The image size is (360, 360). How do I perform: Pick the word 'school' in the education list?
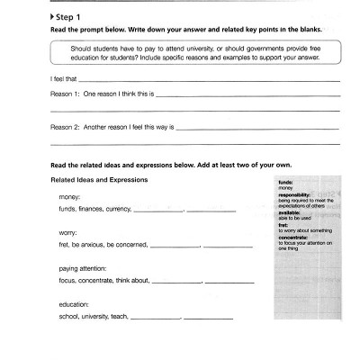[x=68, y=318]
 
